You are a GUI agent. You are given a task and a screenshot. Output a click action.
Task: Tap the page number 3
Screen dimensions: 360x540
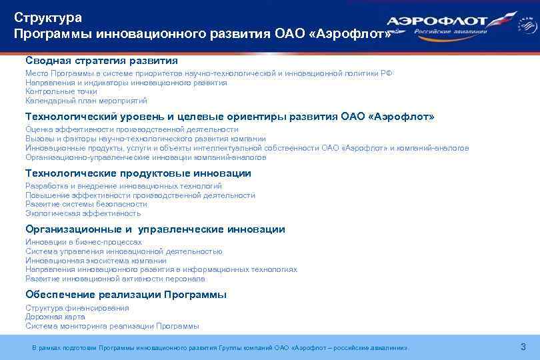pyautogui.click(x=523, y=347)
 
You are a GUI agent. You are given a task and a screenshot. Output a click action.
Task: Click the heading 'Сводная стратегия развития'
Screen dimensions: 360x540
pyautogui.click(x=101, y=60)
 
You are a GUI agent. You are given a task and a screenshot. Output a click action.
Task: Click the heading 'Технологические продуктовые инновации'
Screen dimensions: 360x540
pyautogui.click(x=138, y=173)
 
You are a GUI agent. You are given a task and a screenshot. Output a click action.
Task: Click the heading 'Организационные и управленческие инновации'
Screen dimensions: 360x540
pyautogui.click(x=155, y=229)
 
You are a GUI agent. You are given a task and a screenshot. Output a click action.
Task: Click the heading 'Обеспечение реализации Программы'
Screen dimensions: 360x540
pyautogui.click(x=126, y=295)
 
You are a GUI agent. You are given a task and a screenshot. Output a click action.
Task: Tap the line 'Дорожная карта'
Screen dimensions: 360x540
pyautogui.click(x=55, y=317)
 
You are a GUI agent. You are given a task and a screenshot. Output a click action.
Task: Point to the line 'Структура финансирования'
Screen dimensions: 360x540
pyautogui.click(x=77, y=308)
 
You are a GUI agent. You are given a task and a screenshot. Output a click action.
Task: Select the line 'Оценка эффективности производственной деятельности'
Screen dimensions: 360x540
pyautogui.click(x=131, y=129)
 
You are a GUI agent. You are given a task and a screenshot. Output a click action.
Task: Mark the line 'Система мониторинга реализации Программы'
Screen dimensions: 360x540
pyautogui.click(x=112, y=326)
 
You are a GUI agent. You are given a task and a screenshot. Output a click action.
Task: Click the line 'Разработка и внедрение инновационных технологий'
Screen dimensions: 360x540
pyautogui.click(x=123, y=186)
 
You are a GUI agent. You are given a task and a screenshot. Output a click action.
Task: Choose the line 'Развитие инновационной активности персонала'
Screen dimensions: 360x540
pyautogui.click(x=115, y=279)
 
